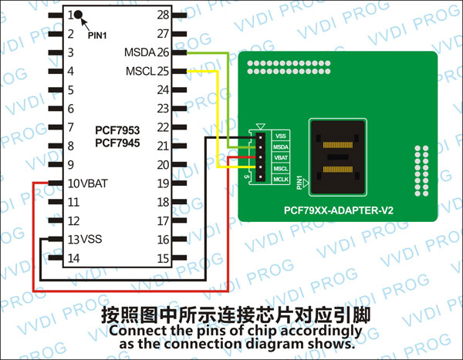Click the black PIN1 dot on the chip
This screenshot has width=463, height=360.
click(x=79, y=15)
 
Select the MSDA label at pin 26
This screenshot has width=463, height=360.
click(x=139, y=53)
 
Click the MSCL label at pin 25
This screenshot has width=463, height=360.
click(x=139, y=72)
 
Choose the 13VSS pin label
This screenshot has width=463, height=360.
click(x=84, y=240)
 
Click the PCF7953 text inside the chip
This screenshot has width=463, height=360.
click(x=117, y=131)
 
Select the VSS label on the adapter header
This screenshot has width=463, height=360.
click(x=281, y=136)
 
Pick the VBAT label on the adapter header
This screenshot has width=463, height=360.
click(x=281, y=157)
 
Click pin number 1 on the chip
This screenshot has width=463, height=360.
click(x=70, y=15)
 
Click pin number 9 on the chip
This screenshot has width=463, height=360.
click(x=70, y=165)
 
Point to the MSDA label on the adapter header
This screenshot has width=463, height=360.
click(x=281, y=146)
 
